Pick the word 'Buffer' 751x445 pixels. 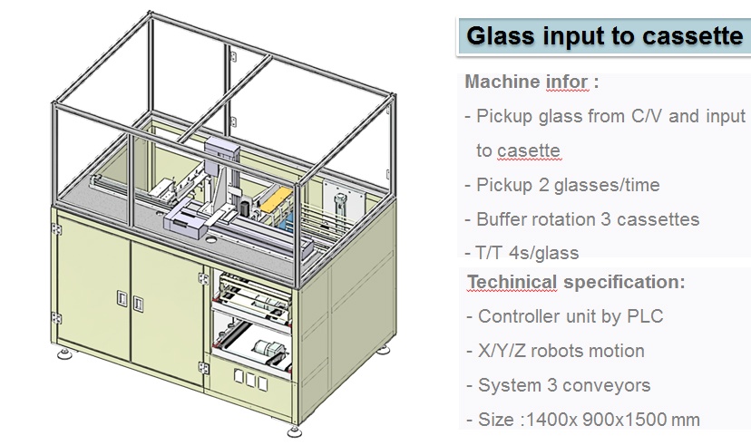pyautogui.click(x=503, y=219)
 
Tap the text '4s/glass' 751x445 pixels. pyautogui.click(x=544, y=253)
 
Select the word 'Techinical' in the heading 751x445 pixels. pyautogui.click(x=512, y=282)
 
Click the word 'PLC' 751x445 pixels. pyautogui.click(x=642, y=316)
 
